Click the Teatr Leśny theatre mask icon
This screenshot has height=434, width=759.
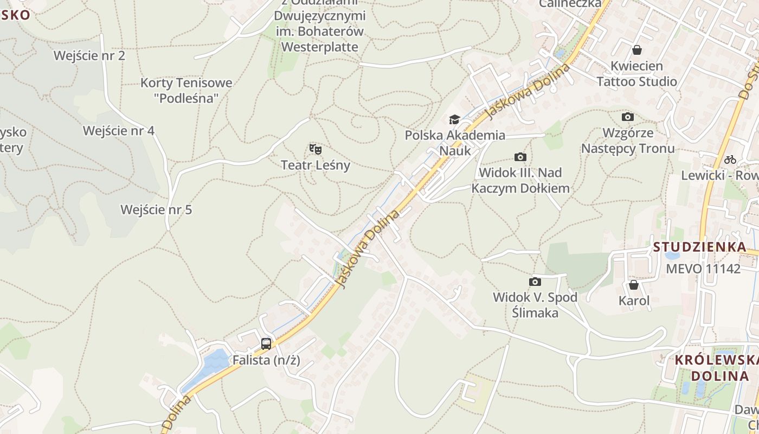[x=316, y=149]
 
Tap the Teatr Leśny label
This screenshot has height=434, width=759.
[x=316, y=165]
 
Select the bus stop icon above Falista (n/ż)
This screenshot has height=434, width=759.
[x=266, y=343]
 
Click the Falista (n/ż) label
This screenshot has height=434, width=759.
[x=266, y=360]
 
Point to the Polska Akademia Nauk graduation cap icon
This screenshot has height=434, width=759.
[x=454, y=119]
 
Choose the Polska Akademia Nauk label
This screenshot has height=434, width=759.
[x=455, y=143]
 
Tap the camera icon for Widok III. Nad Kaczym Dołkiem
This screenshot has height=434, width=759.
[x=520, y=157]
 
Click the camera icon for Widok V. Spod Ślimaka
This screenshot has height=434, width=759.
[x=535, y=282]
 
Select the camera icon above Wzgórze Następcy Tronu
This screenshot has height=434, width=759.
[x=628, y=117]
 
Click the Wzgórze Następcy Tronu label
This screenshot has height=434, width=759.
[x=628, y=141]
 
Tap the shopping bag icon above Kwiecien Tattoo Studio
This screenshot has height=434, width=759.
[x=637, y=50]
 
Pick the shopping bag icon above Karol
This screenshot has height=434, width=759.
[x=634, y=285]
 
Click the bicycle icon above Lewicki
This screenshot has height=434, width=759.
[x=730, y=159]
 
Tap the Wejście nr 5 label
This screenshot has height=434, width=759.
[x=156, y=209]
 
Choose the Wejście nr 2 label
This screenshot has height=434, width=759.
[x=89, y=55]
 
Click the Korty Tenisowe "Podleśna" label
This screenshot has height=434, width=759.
[x=186, y=91]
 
